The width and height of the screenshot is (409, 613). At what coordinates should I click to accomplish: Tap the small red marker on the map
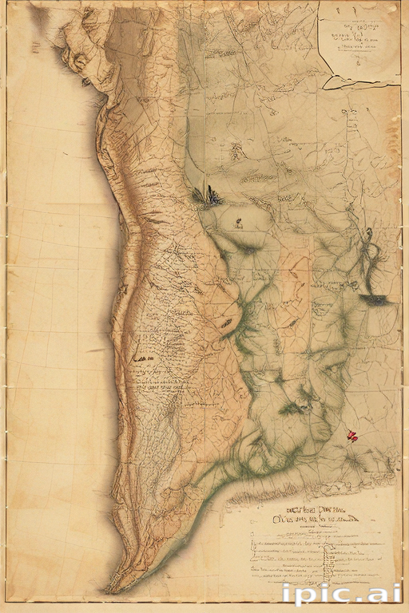(351, 436)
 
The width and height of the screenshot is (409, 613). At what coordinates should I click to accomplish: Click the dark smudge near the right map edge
(375, 299)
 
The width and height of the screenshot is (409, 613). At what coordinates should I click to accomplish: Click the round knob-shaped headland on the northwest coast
(78, 60)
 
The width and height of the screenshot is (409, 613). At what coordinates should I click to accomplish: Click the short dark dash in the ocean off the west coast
(96, 350)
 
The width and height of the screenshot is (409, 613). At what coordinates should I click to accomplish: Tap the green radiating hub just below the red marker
(351, 459)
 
